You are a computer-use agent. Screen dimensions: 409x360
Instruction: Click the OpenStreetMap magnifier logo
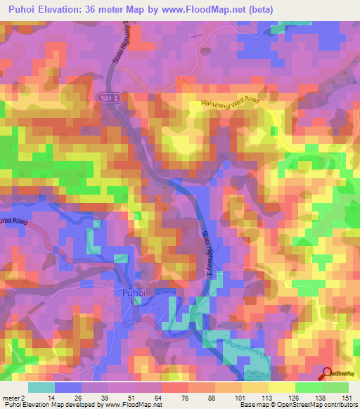coord(328,372)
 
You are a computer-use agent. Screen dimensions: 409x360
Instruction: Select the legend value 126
coord(295,398)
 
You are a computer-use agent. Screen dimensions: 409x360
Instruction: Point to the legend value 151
coord(348,398)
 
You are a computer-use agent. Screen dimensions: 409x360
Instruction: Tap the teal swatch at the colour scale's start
coord(41,387)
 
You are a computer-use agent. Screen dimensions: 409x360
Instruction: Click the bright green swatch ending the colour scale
coord(335,387)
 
